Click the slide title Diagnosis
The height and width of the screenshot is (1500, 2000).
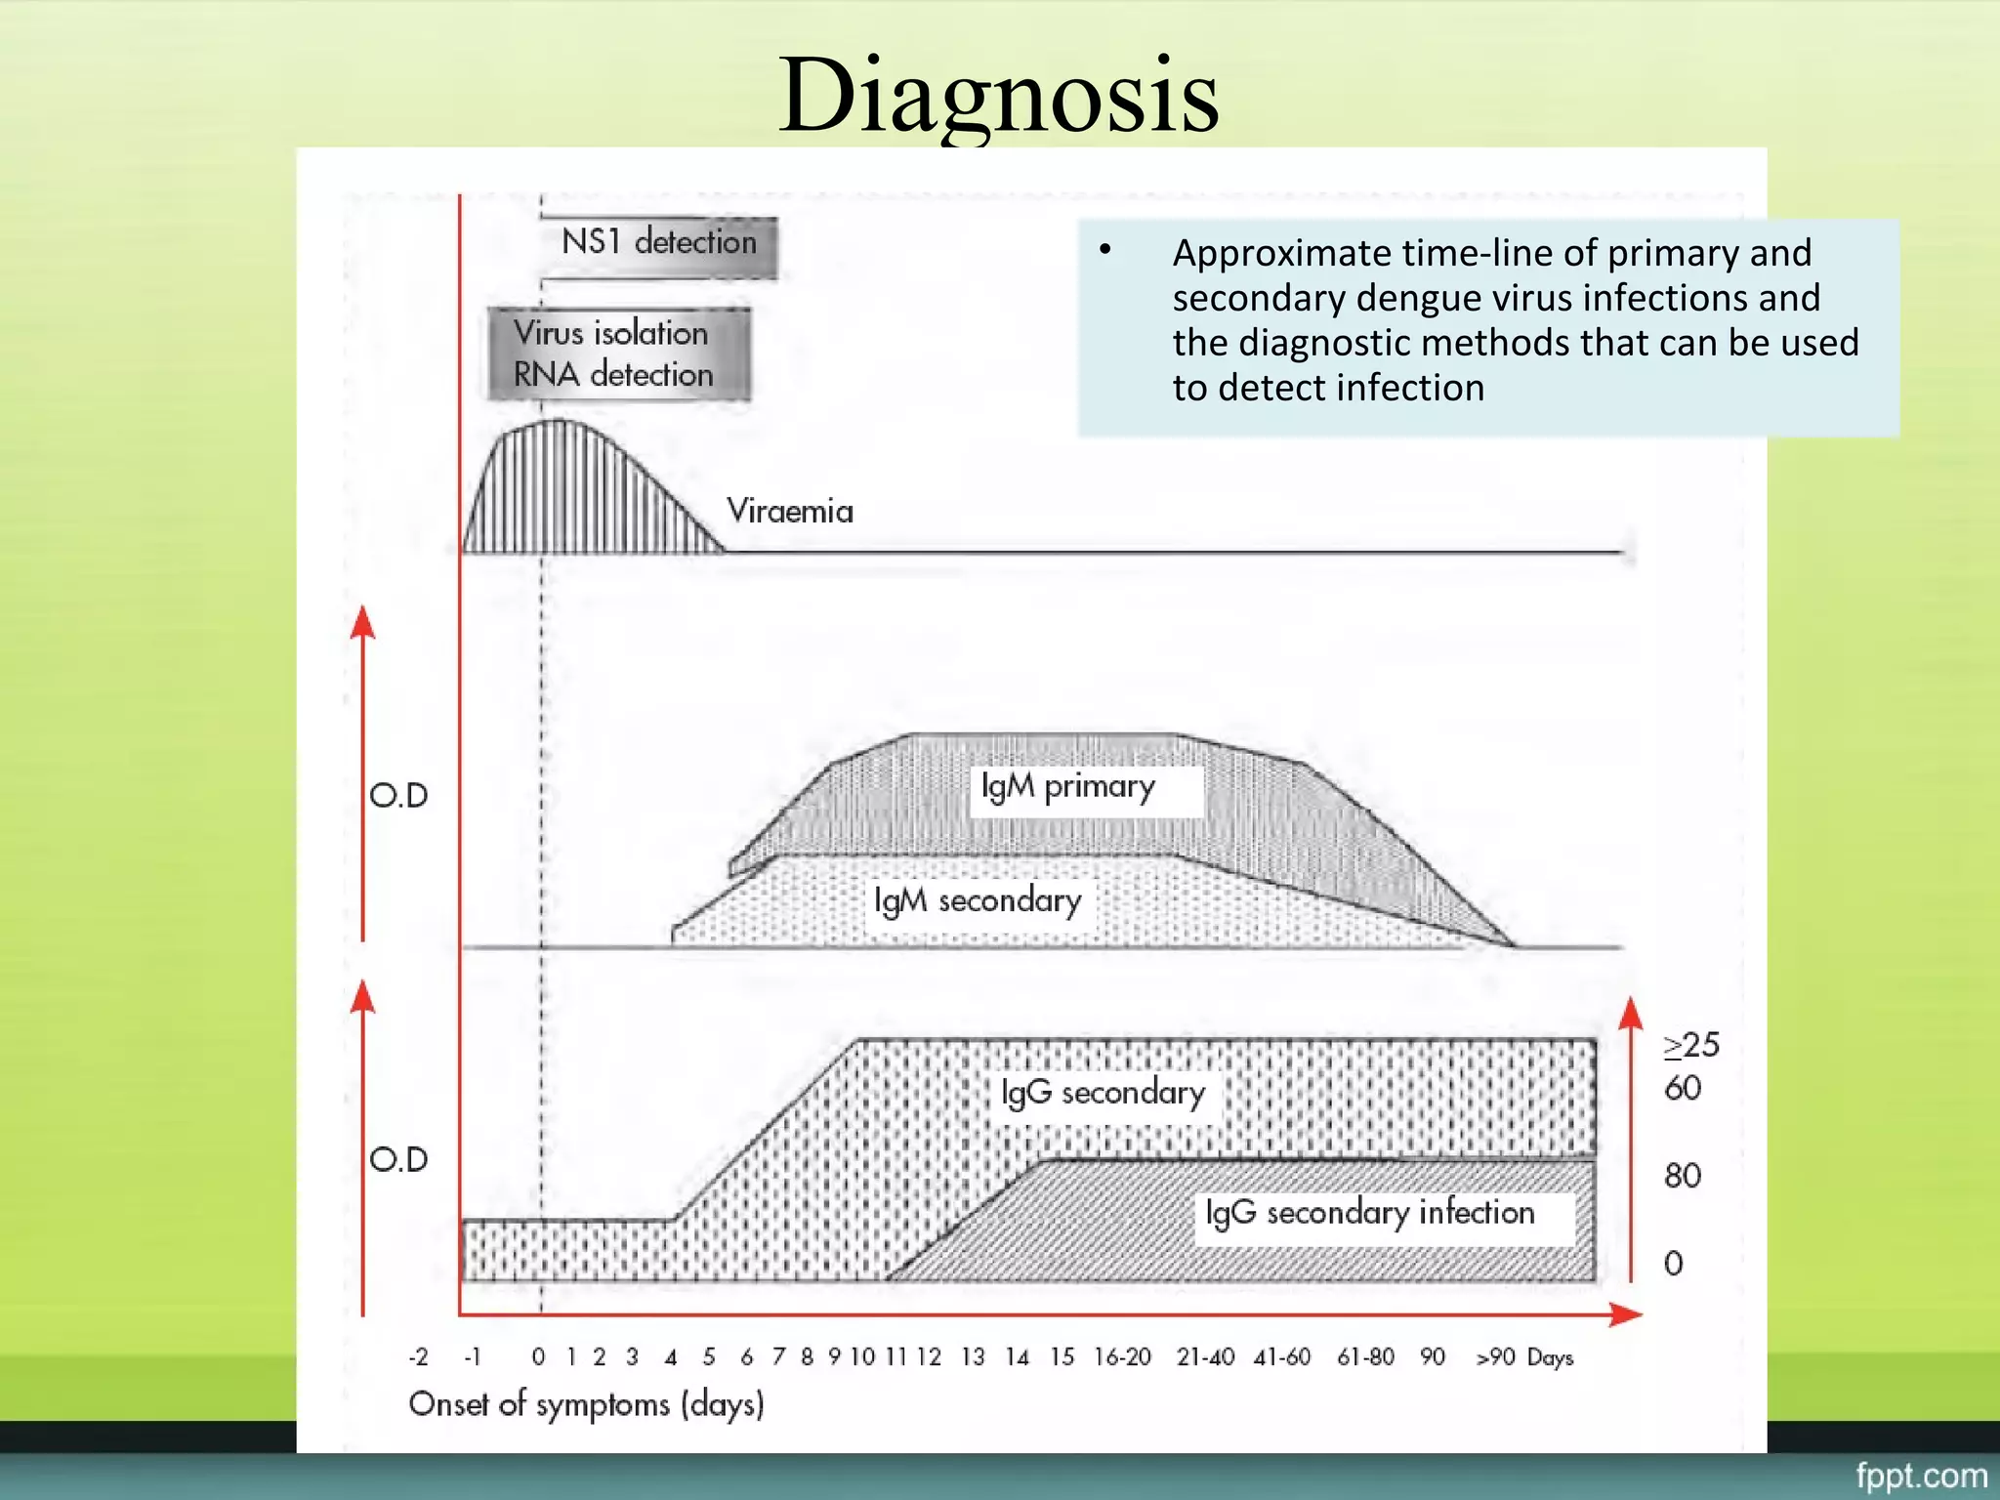(998, 96)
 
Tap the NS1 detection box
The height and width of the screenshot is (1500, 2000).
(659, 241)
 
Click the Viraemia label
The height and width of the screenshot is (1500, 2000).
(789, 511)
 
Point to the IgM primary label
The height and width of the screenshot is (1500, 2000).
(1067, 787)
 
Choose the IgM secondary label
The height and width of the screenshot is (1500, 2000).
(978, 900)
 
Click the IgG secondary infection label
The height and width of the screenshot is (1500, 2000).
(1370, 1213)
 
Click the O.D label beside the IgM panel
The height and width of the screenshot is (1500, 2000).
(398, 795)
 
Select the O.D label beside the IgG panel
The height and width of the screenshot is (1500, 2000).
(398, 1159)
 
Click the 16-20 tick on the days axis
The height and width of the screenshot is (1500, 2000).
(1122, 1356)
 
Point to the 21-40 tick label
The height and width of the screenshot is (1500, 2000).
(1205, 1356)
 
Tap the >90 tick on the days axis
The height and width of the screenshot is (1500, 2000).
(1495, 1356)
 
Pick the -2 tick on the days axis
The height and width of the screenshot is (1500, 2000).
(418, 1356)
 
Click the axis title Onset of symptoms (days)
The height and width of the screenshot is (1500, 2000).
(586, 1404)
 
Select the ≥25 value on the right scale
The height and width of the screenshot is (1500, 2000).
(1691, 1045)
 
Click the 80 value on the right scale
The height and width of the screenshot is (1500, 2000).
(1683, 1175)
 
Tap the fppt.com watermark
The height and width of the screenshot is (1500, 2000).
(1921, 1475)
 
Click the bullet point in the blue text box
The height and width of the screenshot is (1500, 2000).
(1104, 250)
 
